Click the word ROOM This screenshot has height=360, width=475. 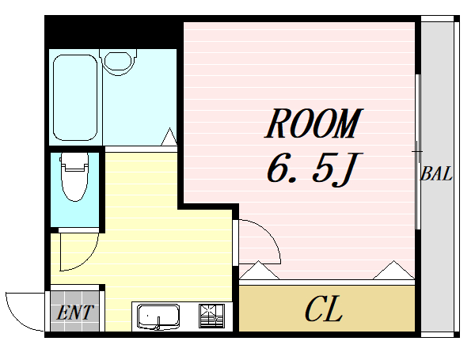click(313, 123)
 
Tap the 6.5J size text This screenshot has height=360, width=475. click(311, 169)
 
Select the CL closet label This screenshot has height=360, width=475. click(324, 309)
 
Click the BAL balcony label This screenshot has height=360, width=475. click(436, 174)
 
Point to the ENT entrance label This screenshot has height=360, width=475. click(75, 313)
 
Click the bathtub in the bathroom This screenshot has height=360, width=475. click(75, 97)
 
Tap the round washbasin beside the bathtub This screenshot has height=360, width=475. click(118, 62)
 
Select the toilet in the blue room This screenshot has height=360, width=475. click(75, 177)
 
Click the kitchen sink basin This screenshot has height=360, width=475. click(158, 316)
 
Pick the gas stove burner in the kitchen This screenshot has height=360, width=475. click(211, 316)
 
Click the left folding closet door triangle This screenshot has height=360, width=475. click(259, 270)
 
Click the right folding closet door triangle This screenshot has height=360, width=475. click(393, 270)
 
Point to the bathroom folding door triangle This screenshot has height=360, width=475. click(169, 137)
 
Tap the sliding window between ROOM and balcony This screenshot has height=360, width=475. click(418, 151)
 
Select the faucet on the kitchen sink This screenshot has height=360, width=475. click(158, 324)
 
